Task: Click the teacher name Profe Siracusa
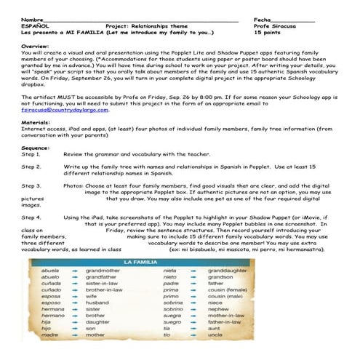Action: [x=275, y=25]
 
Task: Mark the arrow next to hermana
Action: [x=74, y=329]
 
